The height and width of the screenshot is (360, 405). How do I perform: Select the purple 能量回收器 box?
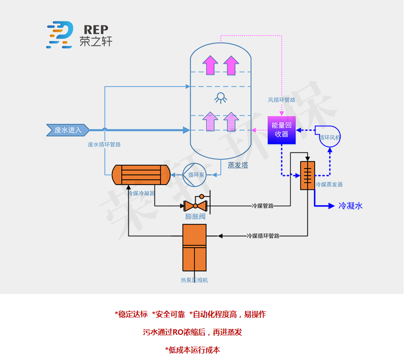[280, 130]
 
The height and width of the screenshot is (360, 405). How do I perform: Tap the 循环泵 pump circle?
[194, 175]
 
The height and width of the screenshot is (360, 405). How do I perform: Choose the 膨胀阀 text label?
[194, 217]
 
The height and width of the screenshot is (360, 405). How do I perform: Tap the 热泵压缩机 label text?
[194, 280]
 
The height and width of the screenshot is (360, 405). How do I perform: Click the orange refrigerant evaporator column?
[307, 175]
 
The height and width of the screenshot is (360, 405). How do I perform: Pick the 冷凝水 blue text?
[350, 206]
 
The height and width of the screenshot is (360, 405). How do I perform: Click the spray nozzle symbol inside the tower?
[221, 97]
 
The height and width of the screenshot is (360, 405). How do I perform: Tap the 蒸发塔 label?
[238, 165]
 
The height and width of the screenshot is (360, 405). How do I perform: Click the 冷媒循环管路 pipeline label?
[263, 236]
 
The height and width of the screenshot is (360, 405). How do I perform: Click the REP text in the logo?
[96, 28]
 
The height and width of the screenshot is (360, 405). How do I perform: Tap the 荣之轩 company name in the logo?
[96, 42]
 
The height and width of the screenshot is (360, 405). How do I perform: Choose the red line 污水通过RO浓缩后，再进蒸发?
[192, 332]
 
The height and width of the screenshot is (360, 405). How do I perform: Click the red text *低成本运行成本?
[192, 350]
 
